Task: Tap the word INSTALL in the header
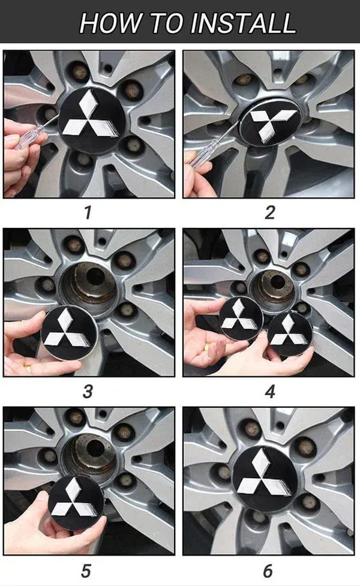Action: (244, 23)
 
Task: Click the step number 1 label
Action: (88, 213)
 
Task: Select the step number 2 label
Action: (270, 213)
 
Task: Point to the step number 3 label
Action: (88, 392)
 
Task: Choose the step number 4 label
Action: (270, 392)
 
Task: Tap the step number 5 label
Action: (86, 571)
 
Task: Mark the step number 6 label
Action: (268, 571)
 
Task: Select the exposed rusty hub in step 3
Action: (89, 287)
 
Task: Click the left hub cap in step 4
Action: (241, 318)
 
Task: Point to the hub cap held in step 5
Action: (77, 503)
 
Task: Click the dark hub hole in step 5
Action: (95, 448)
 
